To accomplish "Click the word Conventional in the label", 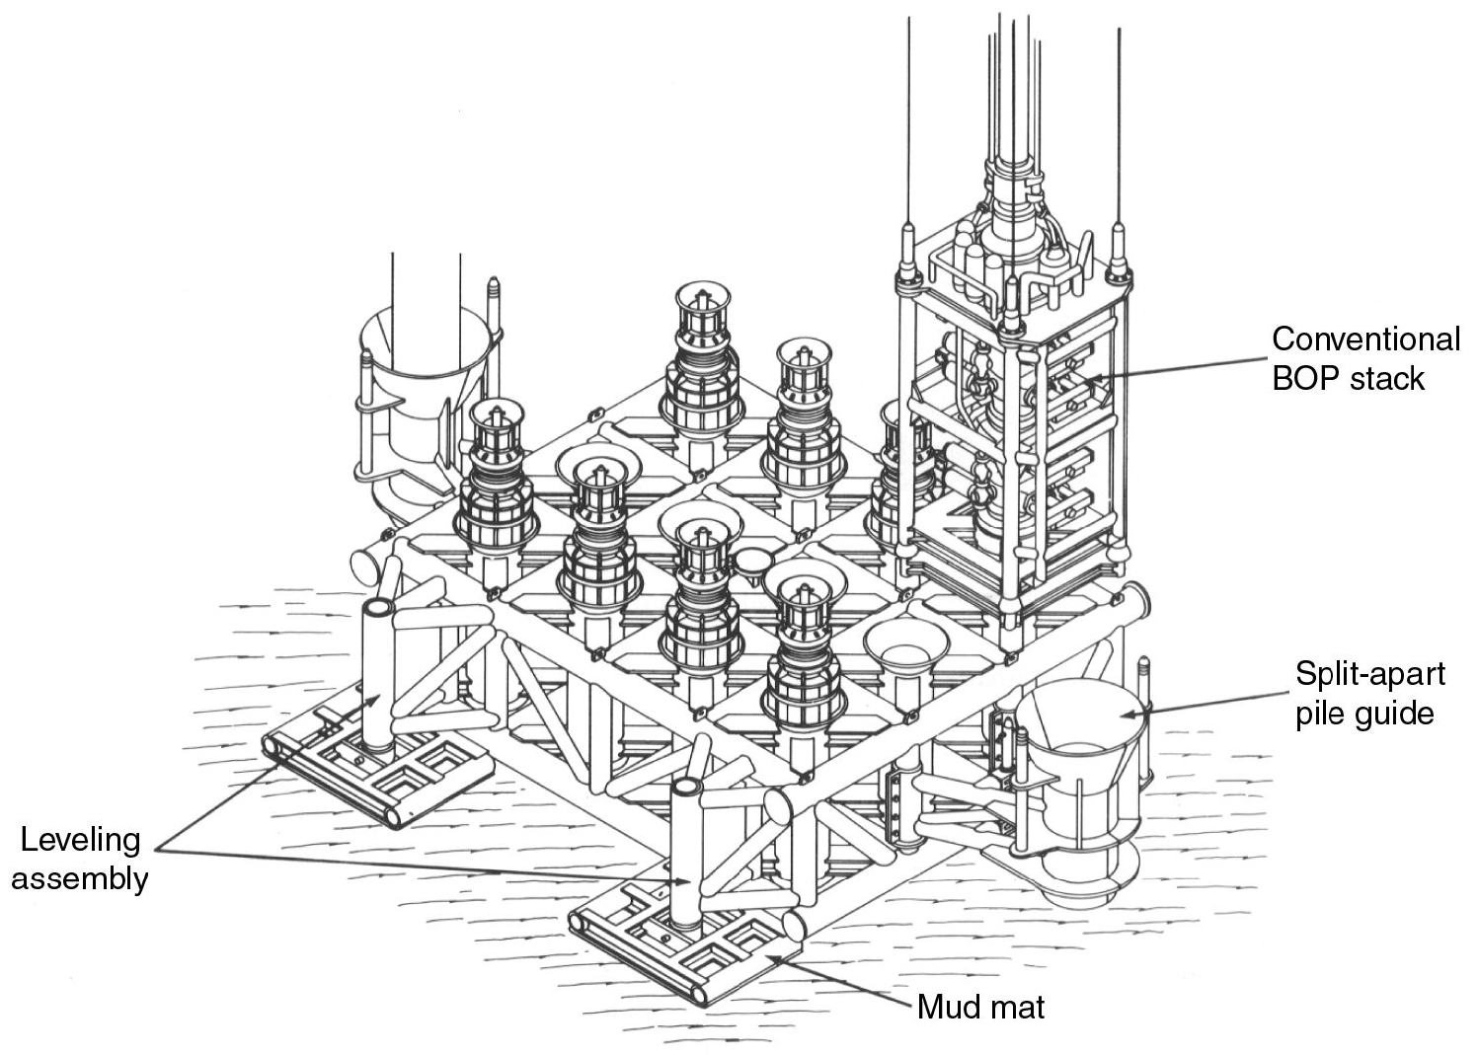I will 1364,339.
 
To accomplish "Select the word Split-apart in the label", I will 1369,675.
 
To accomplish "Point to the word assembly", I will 79,878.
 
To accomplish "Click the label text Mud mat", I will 979,1008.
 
